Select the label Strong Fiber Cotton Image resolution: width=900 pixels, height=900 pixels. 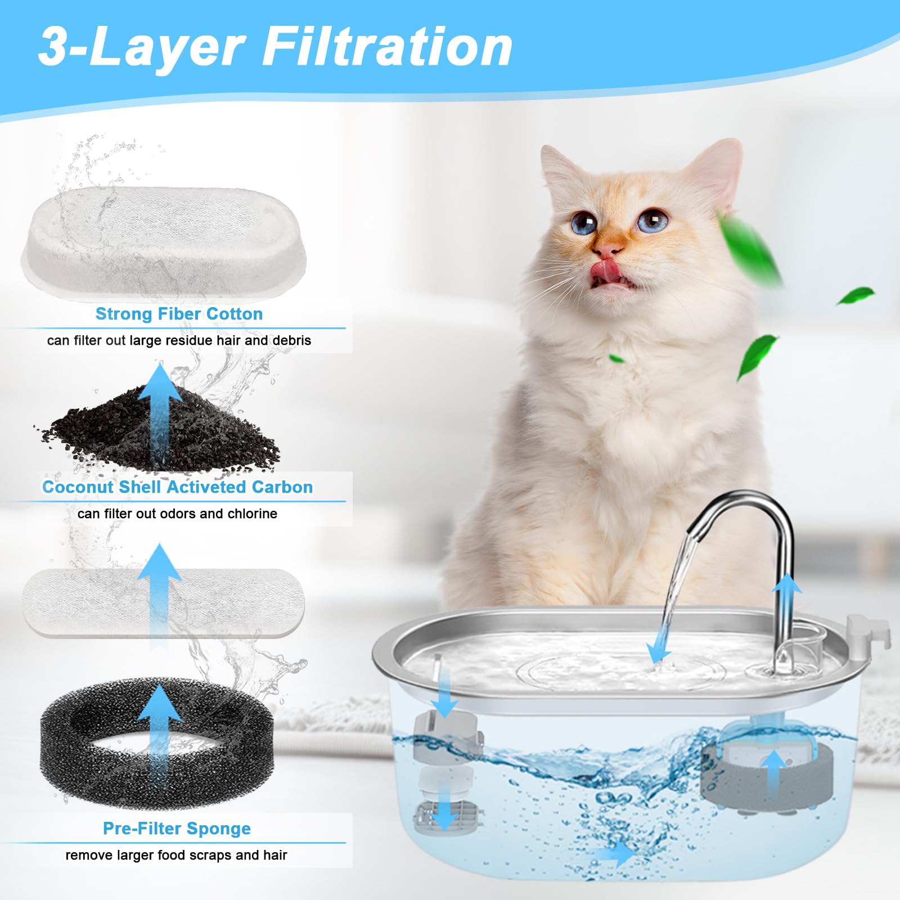tap(179, 314)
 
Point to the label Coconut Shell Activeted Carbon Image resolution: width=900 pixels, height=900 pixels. tap(177, 487)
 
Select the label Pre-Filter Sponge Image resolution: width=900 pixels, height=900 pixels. tap(177, 829)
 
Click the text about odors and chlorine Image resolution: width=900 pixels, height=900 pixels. tap(177, 514)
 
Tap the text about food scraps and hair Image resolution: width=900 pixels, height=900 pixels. tap(176, 855)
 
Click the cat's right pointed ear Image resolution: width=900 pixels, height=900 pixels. tap(717, 169)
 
